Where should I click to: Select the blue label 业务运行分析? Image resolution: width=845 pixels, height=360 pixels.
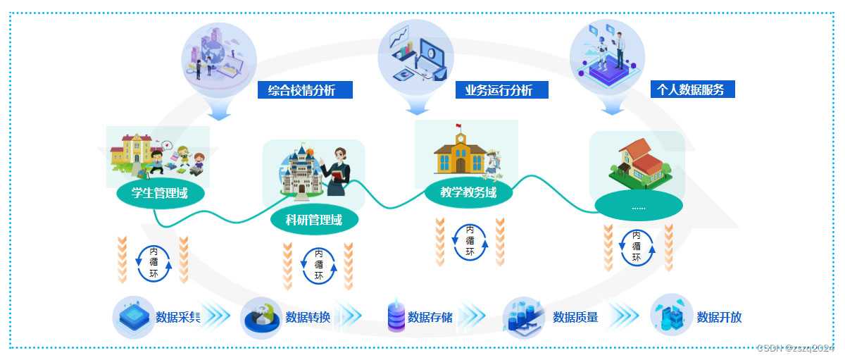[x=498, y=90]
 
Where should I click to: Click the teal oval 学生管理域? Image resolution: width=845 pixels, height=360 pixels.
[x=160, y=193]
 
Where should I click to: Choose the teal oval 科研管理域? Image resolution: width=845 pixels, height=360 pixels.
[x=313, y=219]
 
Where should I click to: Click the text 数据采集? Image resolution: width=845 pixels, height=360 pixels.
[x=177, y=317]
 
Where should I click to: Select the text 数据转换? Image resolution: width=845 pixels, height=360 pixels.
[x=308, y=317]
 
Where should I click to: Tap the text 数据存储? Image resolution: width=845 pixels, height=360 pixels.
[x=430, y=317]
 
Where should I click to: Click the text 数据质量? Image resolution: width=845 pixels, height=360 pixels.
[x=575, y=317]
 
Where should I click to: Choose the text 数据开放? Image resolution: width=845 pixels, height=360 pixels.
[x=719, y=317]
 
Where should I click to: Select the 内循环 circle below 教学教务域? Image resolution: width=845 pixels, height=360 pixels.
[x=470, y=242]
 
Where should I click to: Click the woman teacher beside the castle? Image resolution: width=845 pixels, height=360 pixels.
[x=337, y=171]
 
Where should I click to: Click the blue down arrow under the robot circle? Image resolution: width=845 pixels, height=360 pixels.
[x=612, y=106]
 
